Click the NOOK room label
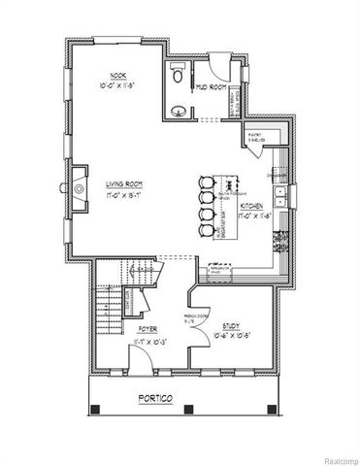(118, 75)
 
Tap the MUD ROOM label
(213, 85)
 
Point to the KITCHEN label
(259, 207)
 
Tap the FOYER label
(160, 329)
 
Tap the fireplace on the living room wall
(77, 184)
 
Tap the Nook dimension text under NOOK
(118, 84)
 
